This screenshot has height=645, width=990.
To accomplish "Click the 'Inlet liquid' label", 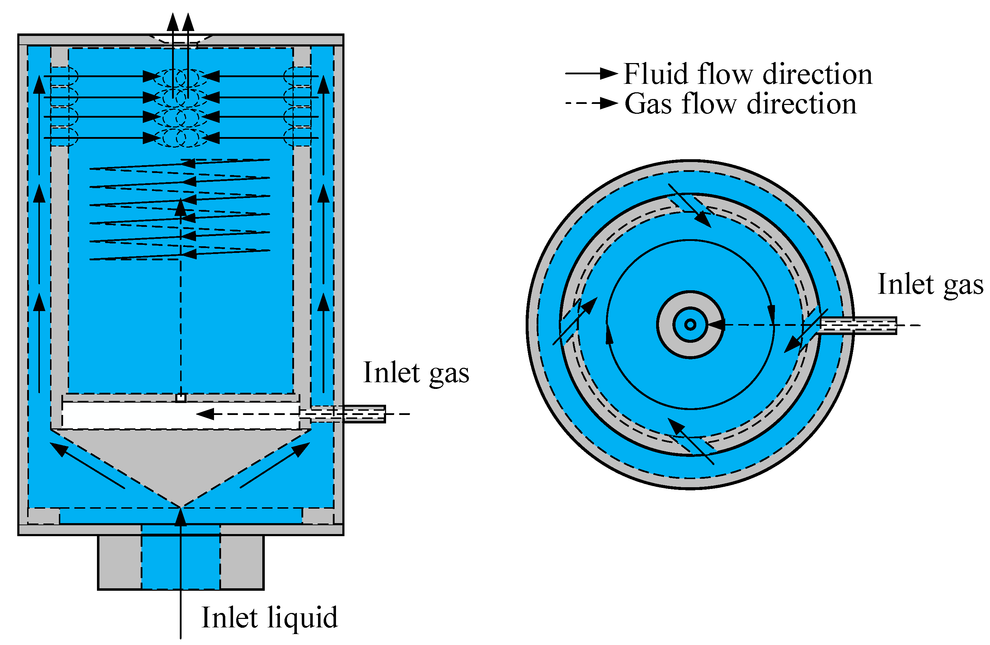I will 270,618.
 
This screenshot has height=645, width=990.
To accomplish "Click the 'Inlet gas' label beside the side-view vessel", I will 416,373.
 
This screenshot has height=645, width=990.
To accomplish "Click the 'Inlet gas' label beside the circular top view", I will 930,285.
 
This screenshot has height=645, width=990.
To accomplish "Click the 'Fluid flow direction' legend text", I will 747,74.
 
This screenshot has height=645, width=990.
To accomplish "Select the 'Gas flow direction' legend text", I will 740,104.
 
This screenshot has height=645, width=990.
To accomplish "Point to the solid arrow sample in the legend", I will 591,74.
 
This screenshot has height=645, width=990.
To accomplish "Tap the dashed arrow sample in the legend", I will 591,103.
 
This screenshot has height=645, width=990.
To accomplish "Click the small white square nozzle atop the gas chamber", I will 181,398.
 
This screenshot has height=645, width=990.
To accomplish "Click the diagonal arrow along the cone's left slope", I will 87,465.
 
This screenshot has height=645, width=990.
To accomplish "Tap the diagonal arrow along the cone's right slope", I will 275,465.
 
